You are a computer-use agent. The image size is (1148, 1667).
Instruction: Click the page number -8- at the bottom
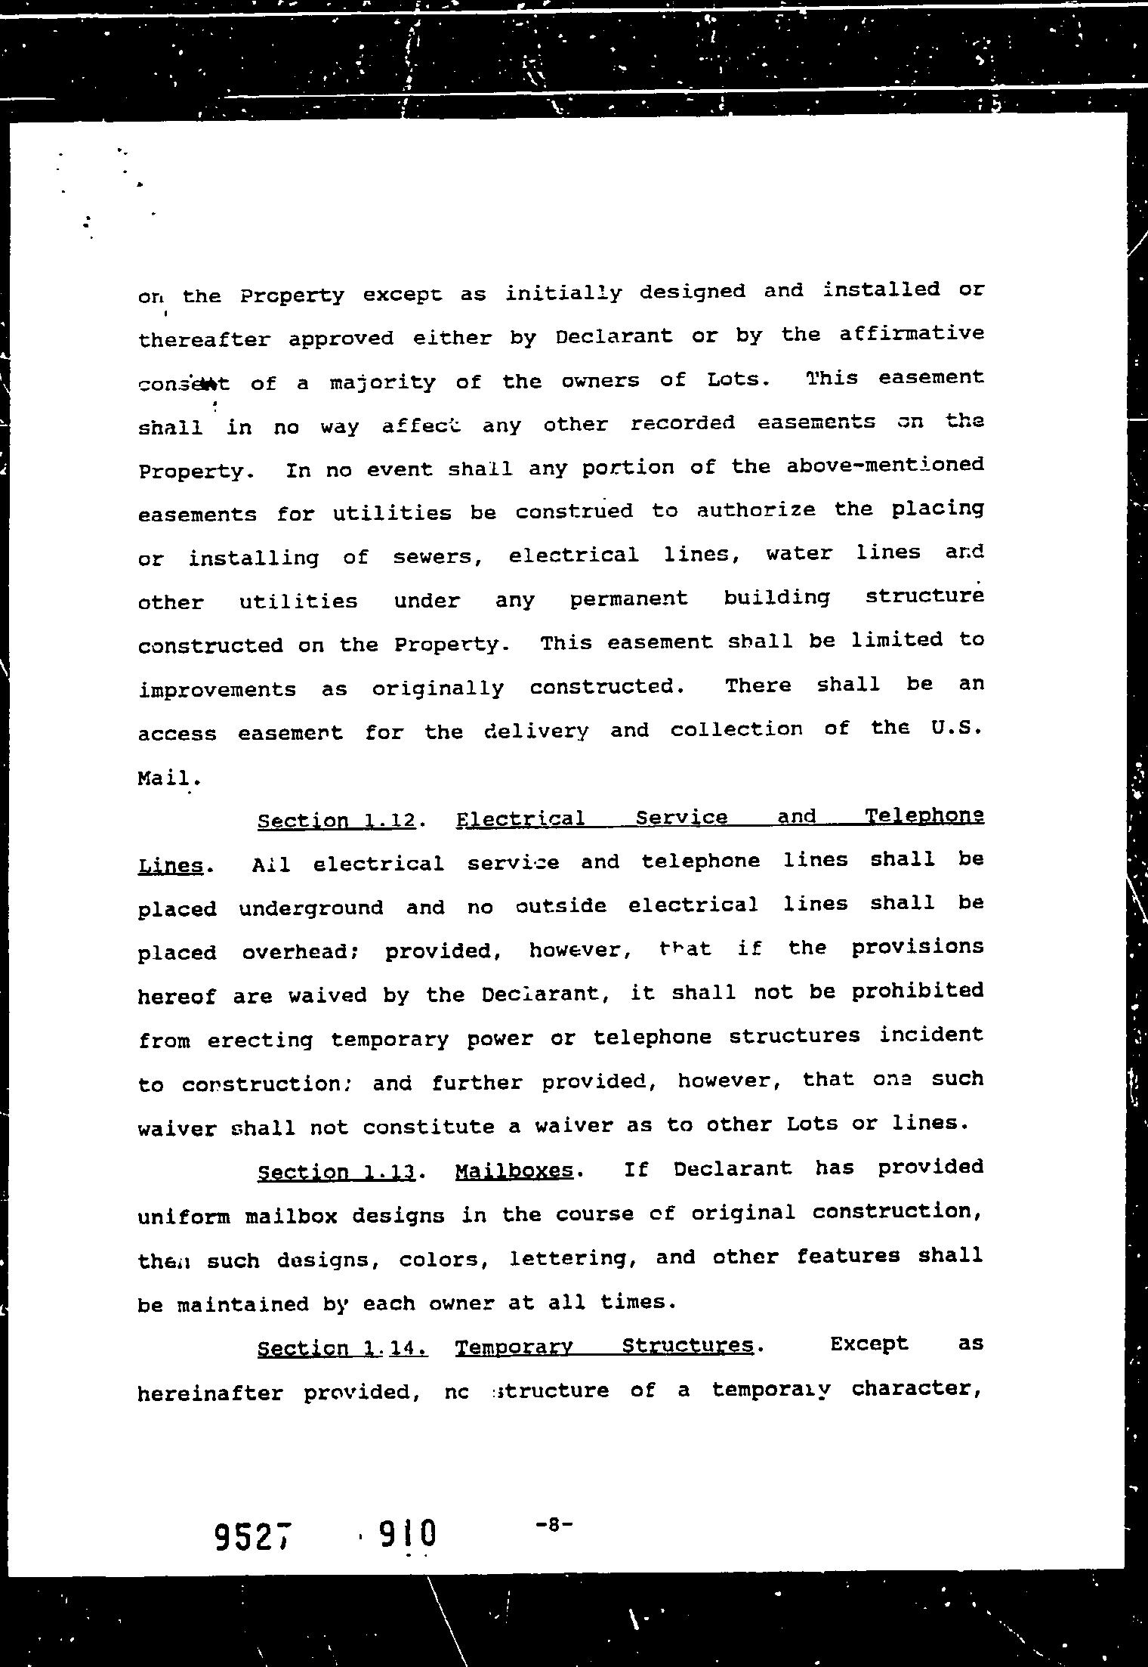pos(554,1524)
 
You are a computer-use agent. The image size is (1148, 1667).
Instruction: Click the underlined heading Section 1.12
pos(336,821)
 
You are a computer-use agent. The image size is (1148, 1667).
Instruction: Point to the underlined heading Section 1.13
pos(336,1172)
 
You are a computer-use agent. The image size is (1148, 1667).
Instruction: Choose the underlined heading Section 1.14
pos(342,1348)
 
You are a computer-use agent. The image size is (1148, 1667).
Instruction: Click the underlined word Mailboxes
pos(514,1171)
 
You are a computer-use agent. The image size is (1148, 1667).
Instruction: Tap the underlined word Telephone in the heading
pos(924,816)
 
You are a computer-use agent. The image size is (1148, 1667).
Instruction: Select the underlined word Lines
pos(171,865)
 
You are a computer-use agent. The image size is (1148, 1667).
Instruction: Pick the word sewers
pos(438,558)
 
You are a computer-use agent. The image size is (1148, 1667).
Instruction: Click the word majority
pos(383,382)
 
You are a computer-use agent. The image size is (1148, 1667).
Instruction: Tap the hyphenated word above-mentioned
pos(884,464)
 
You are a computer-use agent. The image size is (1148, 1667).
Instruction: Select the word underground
pos(311,907)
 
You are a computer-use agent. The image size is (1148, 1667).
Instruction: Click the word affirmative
pos(911,333)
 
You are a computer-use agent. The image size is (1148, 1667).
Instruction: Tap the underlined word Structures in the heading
pos(687,1346)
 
